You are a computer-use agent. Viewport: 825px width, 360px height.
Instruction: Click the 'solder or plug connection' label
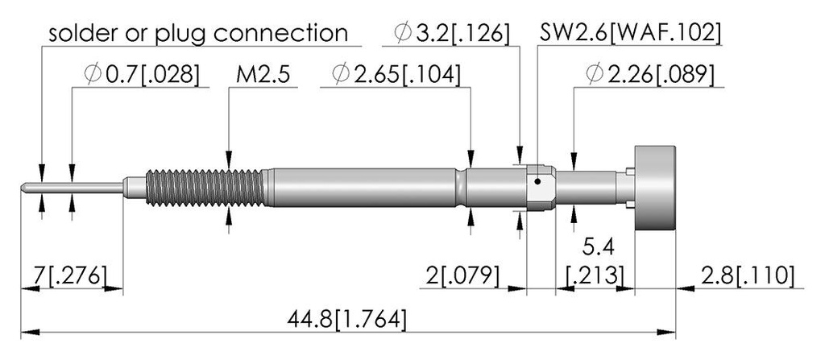tap(198, 33)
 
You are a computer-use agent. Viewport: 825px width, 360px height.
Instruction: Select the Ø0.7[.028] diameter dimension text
tap(142, 75)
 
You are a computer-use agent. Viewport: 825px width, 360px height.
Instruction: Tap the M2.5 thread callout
tap(263, 75)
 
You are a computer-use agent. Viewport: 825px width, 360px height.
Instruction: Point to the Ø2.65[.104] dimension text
tap(396, 75)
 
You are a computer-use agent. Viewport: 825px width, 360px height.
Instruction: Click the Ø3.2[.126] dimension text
tap(451, 34)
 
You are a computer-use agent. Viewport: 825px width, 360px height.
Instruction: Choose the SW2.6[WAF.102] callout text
tap(630, 34)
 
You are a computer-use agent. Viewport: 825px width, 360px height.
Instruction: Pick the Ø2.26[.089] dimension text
tap(650, 75)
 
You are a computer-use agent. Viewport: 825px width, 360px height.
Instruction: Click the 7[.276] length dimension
tap(71, 275)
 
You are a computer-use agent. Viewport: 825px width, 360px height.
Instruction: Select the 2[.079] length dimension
tap(462, 275)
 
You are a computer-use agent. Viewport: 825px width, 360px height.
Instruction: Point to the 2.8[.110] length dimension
tap(748, 275)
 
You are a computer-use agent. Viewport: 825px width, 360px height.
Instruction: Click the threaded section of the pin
tap(205, 188)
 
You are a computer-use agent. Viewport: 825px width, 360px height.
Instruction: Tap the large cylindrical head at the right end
tap(654, 188)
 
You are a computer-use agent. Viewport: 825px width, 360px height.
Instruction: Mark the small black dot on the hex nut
tap(537, 183)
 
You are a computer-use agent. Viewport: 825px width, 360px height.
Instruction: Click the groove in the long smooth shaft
tap(462, 188)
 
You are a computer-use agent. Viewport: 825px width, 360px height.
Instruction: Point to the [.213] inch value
tap(595, 275)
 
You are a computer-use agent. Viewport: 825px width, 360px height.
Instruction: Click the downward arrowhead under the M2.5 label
tap(229, 160)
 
